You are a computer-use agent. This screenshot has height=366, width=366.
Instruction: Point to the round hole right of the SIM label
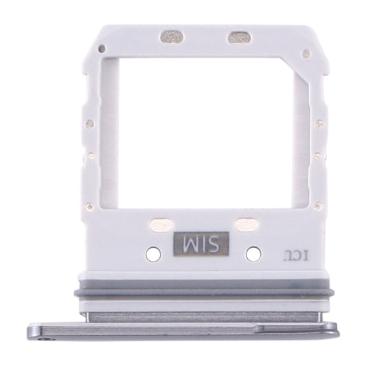coord(253,253)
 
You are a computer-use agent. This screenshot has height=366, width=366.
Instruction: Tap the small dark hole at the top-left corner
coord(102,49)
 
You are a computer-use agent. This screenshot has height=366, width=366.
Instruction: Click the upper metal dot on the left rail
coord(90,124)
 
